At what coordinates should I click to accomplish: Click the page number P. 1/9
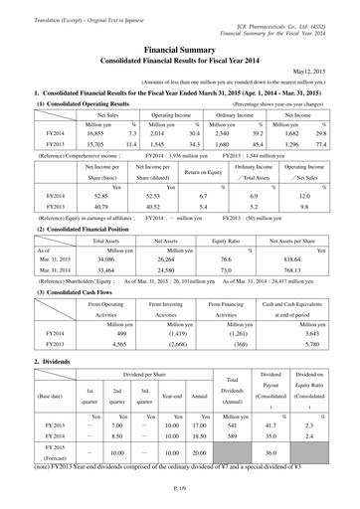point(180,501)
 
